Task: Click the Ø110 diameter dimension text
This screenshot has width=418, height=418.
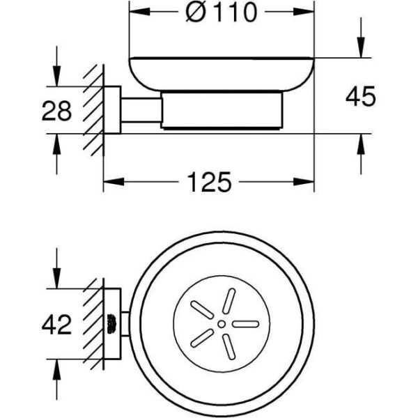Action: [222, 12]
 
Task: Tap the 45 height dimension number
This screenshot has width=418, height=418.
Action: [360, 96]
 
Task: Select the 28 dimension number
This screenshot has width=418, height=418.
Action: [57, 111]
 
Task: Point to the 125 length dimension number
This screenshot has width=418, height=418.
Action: [209, 182]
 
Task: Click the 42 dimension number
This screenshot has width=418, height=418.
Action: [57, 325]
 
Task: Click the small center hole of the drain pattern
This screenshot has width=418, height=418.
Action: [222, 324]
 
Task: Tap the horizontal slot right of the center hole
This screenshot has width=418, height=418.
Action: [245, 324]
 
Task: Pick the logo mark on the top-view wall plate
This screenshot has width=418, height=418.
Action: [110, 324]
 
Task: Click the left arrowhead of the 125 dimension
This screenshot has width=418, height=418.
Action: [114, 182]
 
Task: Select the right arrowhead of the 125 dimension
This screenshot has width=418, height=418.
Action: [304, 182]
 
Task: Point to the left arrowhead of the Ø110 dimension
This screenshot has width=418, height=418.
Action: [139, 12]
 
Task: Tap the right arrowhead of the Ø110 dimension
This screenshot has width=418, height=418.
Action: [304, 12]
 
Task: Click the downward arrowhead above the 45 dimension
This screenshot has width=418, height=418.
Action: [361, 47]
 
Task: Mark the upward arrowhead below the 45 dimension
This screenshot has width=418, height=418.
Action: [361, 144]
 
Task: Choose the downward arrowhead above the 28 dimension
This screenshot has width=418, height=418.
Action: [56, 76]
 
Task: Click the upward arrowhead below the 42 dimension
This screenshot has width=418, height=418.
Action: [56, 369]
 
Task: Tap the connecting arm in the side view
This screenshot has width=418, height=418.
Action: [141, 110]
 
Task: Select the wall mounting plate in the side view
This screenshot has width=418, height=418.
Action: [112, 110]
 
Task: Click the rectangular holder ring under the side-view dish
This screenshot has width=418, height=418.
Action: [222, 110]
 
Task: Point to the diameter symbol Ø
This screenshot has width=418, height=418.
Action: [195, 13]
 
